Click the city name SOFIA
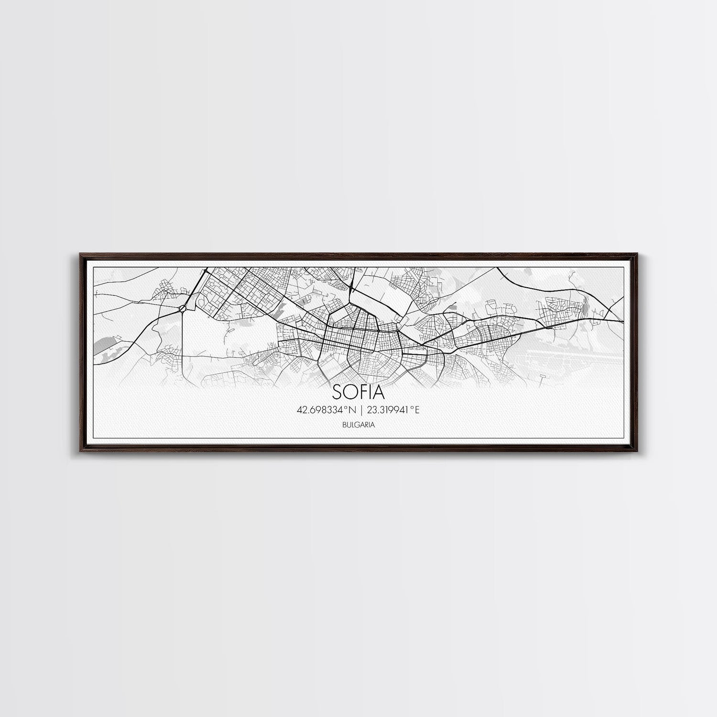(x=358, y=392)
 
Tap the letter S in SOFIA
(x=337, y=392)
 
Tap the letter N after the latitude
(x=354, y=410)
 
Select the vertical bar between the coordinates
(x=361, y=410)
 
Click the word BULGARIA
(x=358, y=424)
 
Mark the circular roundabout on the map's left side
(x=183, y=309)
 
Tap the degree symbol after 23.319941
(x=412, y=407)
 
